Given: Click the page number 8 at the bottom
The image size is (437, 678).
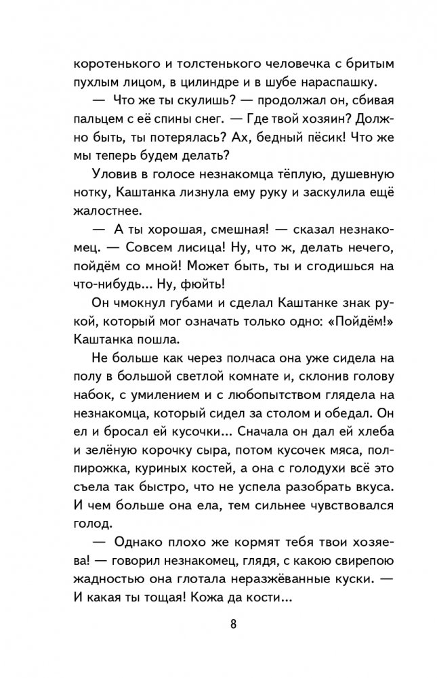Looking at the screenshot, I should coord(232,623).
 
